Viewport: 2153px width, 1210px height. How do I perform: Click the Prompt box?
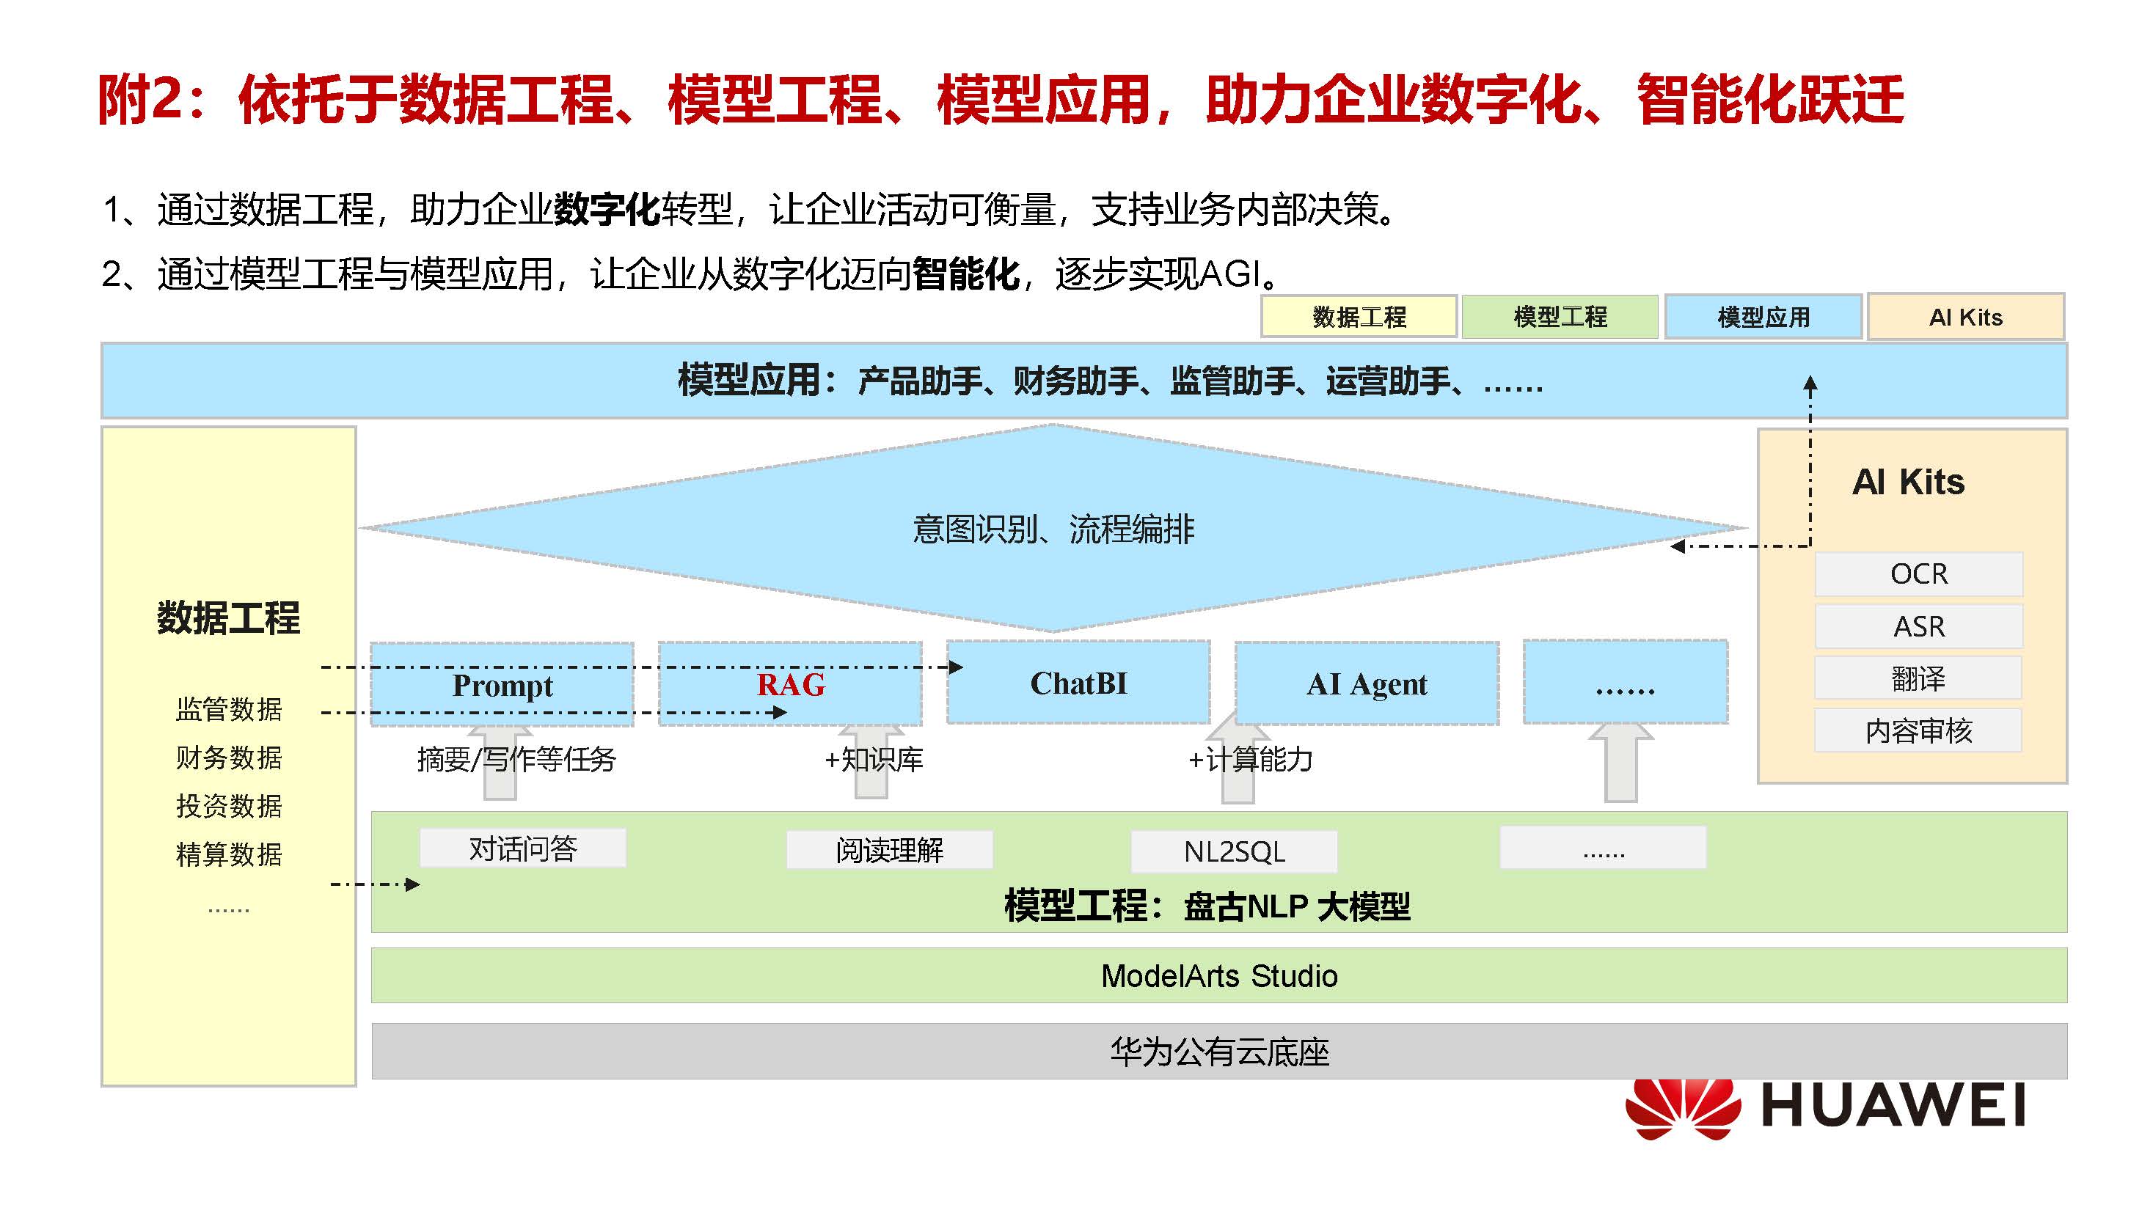tap(502, 684)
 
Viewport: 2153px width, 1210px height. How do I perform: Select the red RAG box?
tap(790, 684)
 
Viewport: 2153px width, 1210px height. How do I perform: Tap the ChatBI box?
tap(1078, 683)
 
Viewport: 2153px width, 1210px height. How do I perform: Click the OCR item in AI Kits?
tap(1918, 574)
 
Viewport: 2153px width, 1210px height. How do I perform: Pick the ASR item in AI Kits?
tap(1918, 626)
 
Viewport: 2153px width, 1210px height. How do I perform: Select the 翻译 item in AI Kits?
tap(1918, 678)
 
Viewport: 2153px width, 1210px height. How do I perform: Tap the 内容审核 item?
tap(1918, 730)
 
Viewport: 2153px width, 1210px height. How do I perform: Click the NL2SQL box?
tap(1234, 851)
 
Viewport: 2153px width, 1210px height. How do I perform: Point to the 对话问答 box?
tap(522, 849)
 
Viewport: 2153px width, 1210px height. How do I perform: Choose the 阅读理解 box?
tap(889, 851)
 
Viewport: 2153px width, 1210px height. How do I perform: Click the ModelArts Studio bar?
tap(1218, 975)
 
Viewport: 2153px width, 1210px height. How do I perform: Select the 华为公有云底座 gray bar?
tap(1218, 1051)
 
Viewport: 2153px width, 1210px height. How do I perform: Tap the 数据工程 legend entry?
tap(1359, 317)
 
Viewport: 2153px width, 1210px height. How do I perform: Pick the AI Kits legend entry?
tap(1966, 317)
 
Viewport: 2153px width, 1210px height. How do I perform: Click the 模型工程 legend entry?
tap(1560, 317)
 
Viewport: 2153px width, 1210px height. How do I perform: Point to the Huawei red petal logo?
tap(1681, 1108)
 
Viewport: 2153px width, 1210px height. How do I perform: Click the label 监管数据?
tap(228, 708)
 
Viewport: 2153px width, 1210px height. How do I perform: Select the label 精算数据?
tap(228, 854)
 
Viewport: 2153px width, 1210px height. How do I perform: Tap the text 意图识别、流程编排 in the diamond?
tap(1053, 529)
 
